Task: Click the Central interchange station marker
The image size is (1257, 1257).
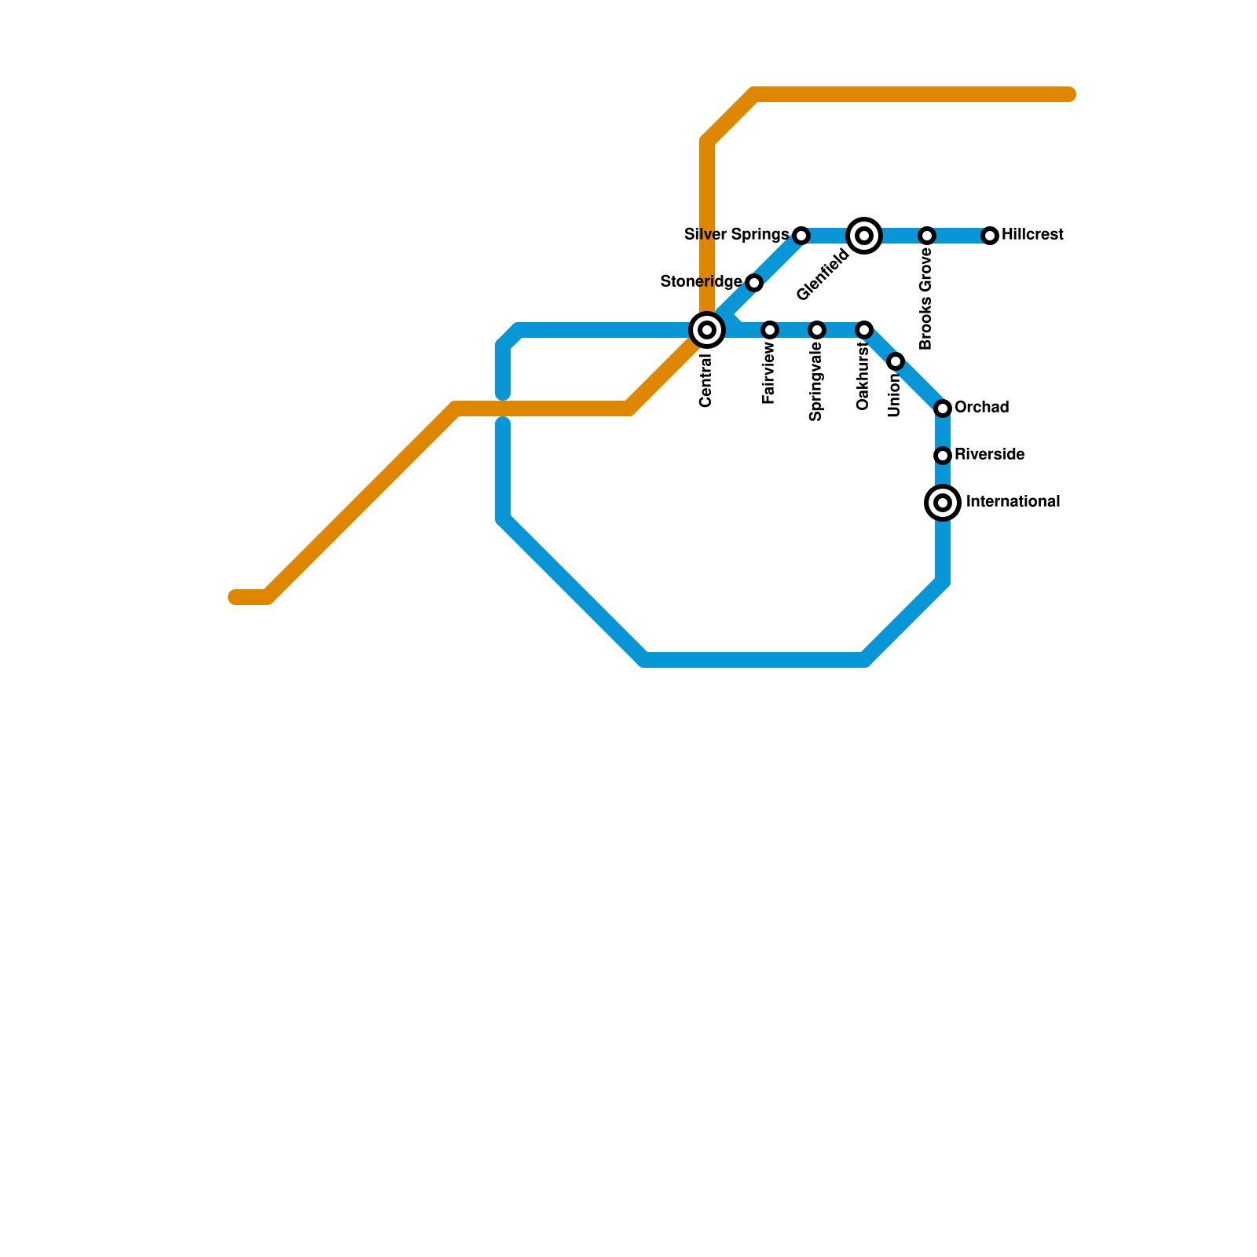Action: (x=707, y=330)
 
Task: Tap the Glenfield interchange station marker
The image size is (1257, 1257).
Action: (x=864, y=236)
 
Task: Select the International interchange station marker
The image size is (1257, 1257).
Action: (x=943, y=503)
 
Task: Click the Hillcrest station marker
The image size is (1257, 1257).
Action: (x=990, y=236)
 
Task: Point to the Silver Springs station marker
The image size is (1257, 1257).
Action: (x=801, y=236)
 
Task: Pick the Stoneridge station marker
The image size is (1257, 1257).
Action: (x=754, y=283)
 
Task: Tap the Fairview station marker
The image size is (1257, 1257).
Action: (x=770, y=330)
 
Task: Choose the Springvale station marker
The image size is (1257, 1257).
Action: (x=817, y=330)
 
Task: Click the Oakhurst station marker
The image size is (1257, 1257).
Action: (x=864, y=330)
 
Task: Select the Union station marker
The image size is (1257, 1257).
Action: (x=896, y=361)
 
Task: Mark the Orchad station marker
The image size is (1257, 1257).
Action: (x=943, y=409)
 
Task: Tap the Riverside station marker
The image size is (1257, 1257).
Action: (x=943, y=456)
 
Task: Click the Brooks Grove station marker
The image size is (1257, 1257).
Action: (x=927, y=236)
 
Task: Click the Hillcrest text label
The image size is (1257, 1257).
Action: (x=1032, y=235)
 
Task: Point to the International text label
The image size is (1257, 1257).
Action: (x=1013, y=502)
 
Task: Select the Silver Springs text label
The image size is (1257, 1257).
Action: (x=736, y=235)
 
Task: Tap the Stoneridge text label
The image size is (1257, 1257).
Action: (x=701, y=282)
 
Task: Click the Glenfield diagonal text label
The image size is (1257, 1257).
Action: (x=823, y=275)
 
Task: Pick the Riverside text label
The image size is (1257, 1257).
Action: (x=989, y=455)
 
